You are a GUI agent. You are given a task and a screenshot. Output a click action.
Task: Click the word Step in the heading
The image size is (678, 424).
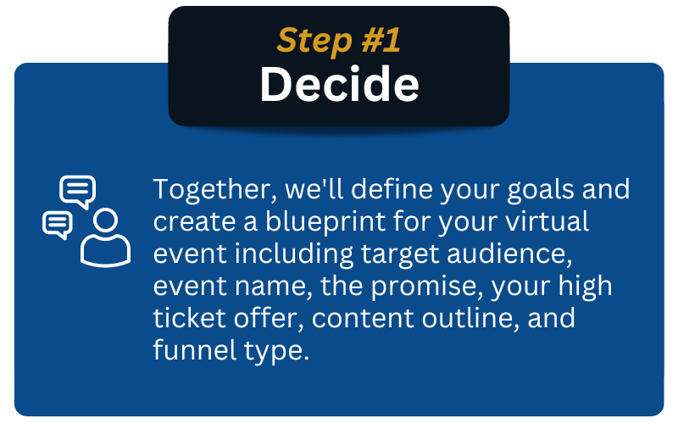(314, 42)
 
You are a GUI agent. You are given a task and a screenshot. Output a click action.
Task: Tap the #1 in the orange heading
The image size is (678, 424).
(381, 40)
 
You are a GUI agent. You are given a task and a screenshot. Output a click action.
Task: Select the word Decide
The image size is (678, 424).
(340, 84)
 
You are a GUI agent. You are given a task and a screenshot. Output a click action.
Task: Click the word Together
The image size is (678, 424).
(215, 189)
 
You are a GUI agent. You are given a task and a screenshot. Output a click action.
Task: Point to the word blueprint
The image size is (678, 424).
(325, 222)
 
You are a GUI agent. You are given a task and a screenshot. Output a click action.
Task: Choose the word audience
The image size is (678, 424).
(509, 254)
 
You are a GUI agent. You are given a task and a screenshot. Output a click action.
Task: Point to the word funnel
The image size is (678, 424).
(195, 350)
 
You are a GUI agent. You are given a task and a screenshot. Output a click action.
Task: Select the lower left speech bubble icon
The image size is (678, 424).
(58, 225)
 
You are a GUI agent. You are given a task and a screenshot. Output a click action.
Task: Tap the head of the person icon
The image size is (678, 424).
(105, 220)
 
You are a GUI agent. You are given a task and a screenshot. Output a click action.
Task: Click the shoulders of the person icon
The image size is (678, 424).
(105, 251)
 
